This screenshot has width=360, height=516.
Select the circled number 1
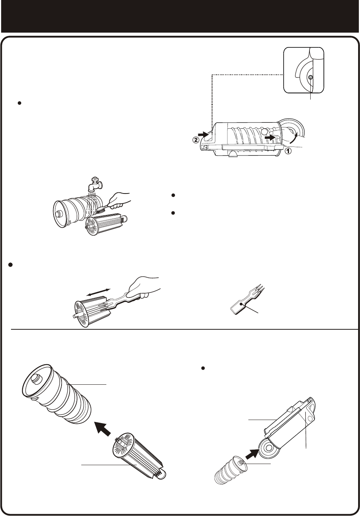point(288,151)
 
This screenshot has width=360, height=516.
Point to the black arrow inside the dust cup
point(270,137)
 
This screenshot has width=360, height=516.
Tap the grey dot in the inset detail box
point(310,77)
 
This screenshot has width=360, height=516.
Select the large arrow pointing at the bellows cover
point(103,428)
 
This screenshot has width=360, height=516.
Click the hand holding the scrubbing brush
point(119,200)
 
